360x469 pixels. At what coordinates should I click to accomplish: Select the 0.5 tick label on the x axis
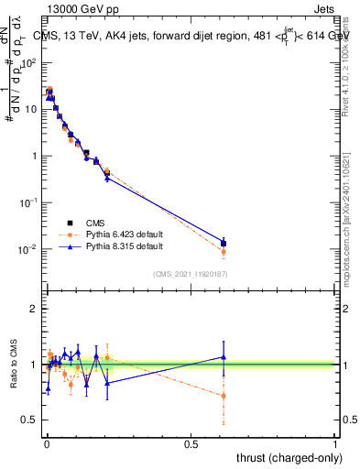coord(191,444)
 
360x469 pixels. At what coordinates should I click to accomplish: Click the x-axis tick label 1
coord(335,444)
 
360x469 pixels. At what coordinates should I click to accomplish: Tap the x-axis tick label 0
coord(46,444)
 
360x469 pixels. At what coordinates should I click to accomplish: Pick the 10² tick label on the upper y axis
coord(29,62)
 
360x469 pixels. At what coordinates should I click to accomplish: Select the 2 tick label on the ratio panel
coord(34,310)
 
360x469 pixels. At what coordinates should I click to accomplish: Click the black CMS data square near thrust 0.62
coord(224,244)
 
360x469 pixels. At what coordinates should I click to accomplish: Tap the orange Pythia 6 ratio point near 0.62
coord(224,396)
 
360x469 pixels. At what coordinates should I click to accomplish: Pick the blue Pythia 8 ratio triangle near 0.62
coord(224,357)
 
